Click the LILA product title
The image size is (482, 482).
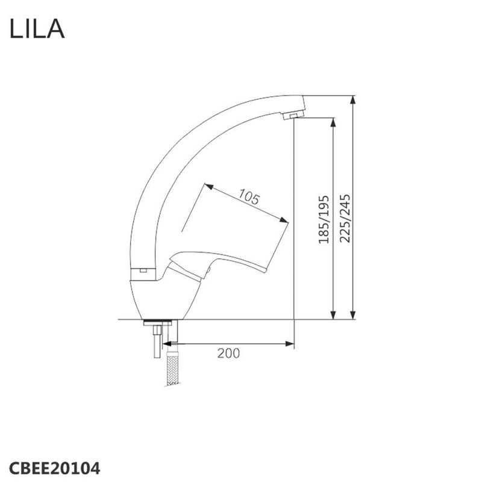pos(37,28)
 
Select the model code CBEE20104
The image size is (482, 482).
pos(55,469)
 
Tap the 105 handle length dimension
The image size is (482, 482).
pos(249,197)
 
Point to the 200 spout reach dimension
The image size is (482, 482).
pos(228,353)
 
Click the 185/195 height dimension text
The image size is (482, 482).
pos(324,219)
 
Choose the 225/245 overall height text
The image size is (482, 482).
pos(345,218)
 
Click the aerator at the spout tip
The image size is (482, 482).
pos(293,115)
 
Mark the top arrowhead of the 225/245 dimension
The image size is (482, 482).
pos(353,100)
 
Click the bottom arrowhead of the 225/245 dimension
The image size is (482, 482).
pos(353,315)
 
